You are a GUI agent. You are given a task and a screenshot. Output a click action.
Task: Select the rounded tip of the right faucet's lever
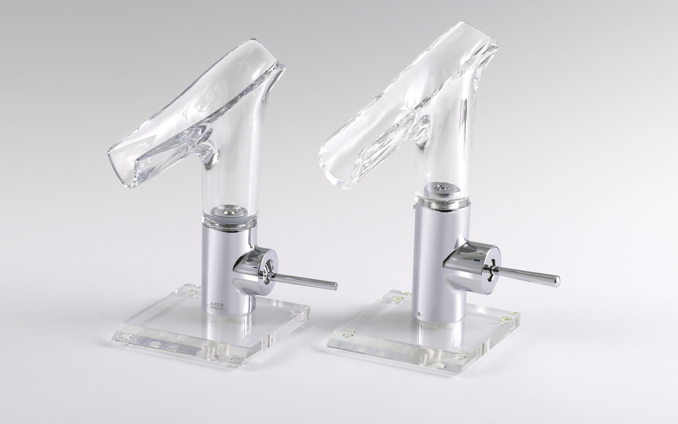click(556, 281)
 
